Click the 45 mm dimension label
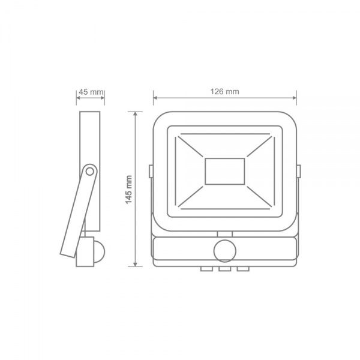(91, 92)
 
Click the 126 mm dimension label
(225, 92)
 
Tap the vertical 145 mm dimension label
(129, 190)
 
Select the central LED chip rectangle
(225, 171)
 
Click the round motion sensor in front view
(225, 251)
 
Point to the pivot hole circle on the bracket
(89, 171)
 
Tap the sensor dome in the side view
(100, 251)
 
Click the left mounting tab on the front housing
(151, 171)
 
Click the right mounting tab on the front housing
(298, 171)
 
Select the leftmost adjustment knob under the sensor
(206, 269)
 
